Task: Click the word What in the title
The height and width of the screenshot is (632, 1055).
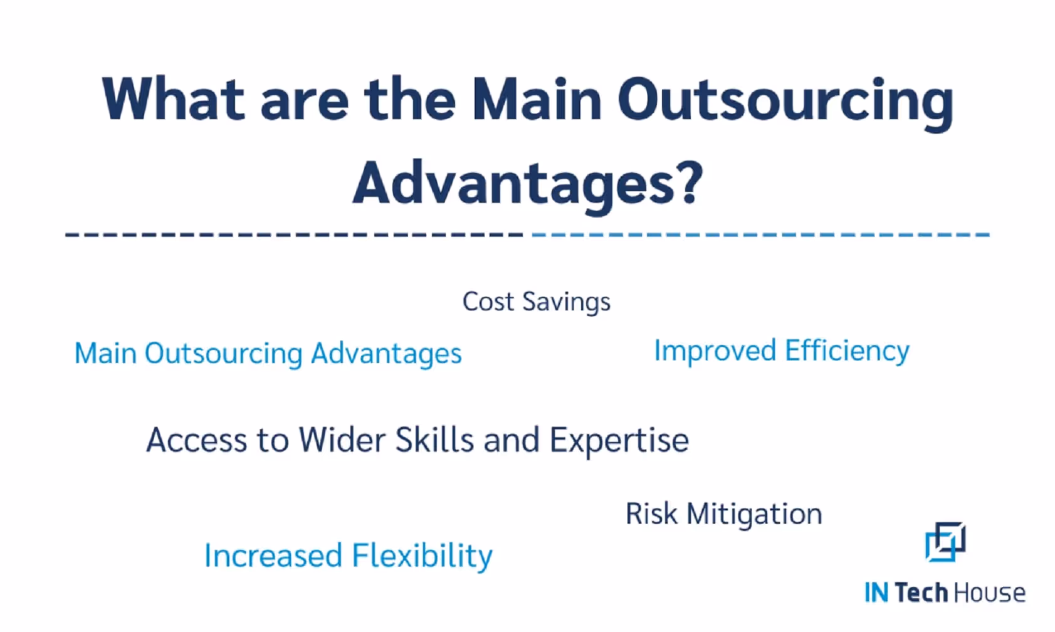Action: [x=173, y=99]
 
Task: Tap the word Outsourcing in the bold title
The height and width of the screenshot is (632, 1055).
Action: [x=785, y=105]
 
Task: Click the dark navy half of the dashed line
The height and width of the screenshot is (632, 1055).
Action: [x=294, y=234]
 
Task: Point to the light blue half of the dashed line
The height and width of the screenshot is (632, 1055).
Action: [x=760, y=234]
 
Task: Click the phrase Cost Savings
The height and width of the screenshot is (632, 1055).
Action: [x=537, y=302]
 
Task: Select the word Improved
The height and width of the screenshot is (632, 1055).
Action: [x=715, y=351]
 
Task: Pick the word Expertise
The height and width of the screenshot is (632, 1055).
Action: [x=619, y=441]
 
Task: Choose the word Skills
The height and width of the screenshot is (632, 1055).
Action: [x=434, y=440]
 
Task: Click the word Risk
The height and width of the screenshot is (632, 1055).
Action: [x=651, y=513]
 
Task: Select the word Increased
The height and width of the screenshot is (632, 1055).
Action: [x=273, y=556]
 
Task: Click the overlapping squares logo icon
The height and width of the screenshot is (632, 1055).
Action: [x=945, y=542]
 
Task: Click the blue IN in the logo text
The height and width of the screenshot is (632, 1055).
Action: [x=876, y=592]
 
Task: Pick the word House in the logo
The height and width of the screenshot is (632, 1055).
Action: [x=990, y=592]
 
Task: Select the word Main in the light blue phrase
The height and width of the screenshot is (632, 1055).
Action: [x=105, y=353]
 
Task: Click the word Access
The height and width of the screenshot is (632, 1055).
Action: [x=196, y=440]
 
